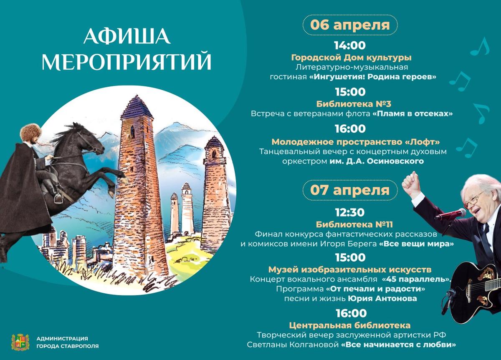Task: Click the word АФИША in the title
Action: pyautogui.click(x=127, y=36)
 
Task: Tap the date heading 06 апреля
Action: pyautogui.click(x=350, y=25)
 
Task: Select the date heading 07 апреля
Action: pyautogui.click(x=350, y=190)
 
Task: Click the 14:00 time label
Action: pyautogui.click(x=350, y=45)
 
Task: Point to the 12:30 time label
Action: pyautogui.click(x=350, y=212)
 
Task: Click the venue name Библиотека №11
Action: pyautogui.click(x=354, y=224)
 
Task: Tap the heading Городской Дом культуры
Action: pyautogui.click(x=351, y=58)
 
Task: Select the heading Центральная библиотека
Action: pyautogui.click(x=350, y=325)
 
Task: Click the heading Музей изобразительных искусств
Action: pyautogui.click(x=350, y=270)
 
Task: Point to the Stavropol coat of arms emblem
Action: pyautogui.click(x=20, y=342)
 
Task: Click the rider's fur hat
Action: pyautogui.click(x=30, y=132)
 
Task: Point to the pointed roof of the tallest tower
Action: pyautogui.click(x=137, y=107)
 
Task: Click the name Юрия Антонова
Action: pyautogui.click(x=382, y=298)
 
